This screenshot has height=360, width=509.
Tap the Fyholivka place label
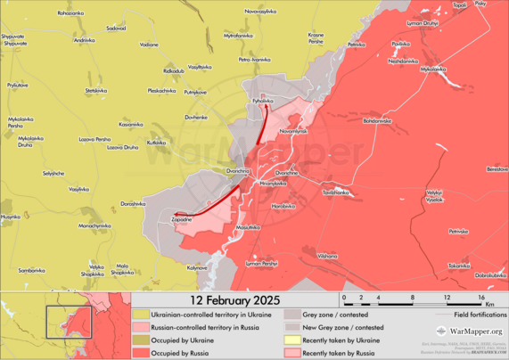click(262, 102)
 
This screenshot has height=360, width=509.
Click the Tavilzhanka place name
click(336, 192)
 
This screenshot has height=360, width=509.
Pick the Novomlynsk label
click(293, 132)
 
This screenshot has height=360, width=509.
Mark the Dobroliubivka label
click(490, 275)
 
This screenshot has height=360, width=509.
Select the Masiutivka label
click(249, 228)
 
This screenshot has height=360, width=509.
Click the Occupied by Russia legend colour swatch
click(142, 352)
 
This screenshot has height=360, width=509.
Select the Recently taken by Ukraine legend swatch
click(292, 340)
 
